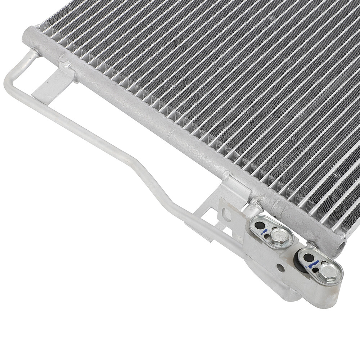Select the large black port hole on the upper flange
(x=259, y=226)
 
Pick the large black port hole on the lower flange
(x=309, y=258)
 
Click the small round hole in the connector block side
(x=279, y=268)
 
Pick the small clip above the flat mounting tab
(x=65, y=66)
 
